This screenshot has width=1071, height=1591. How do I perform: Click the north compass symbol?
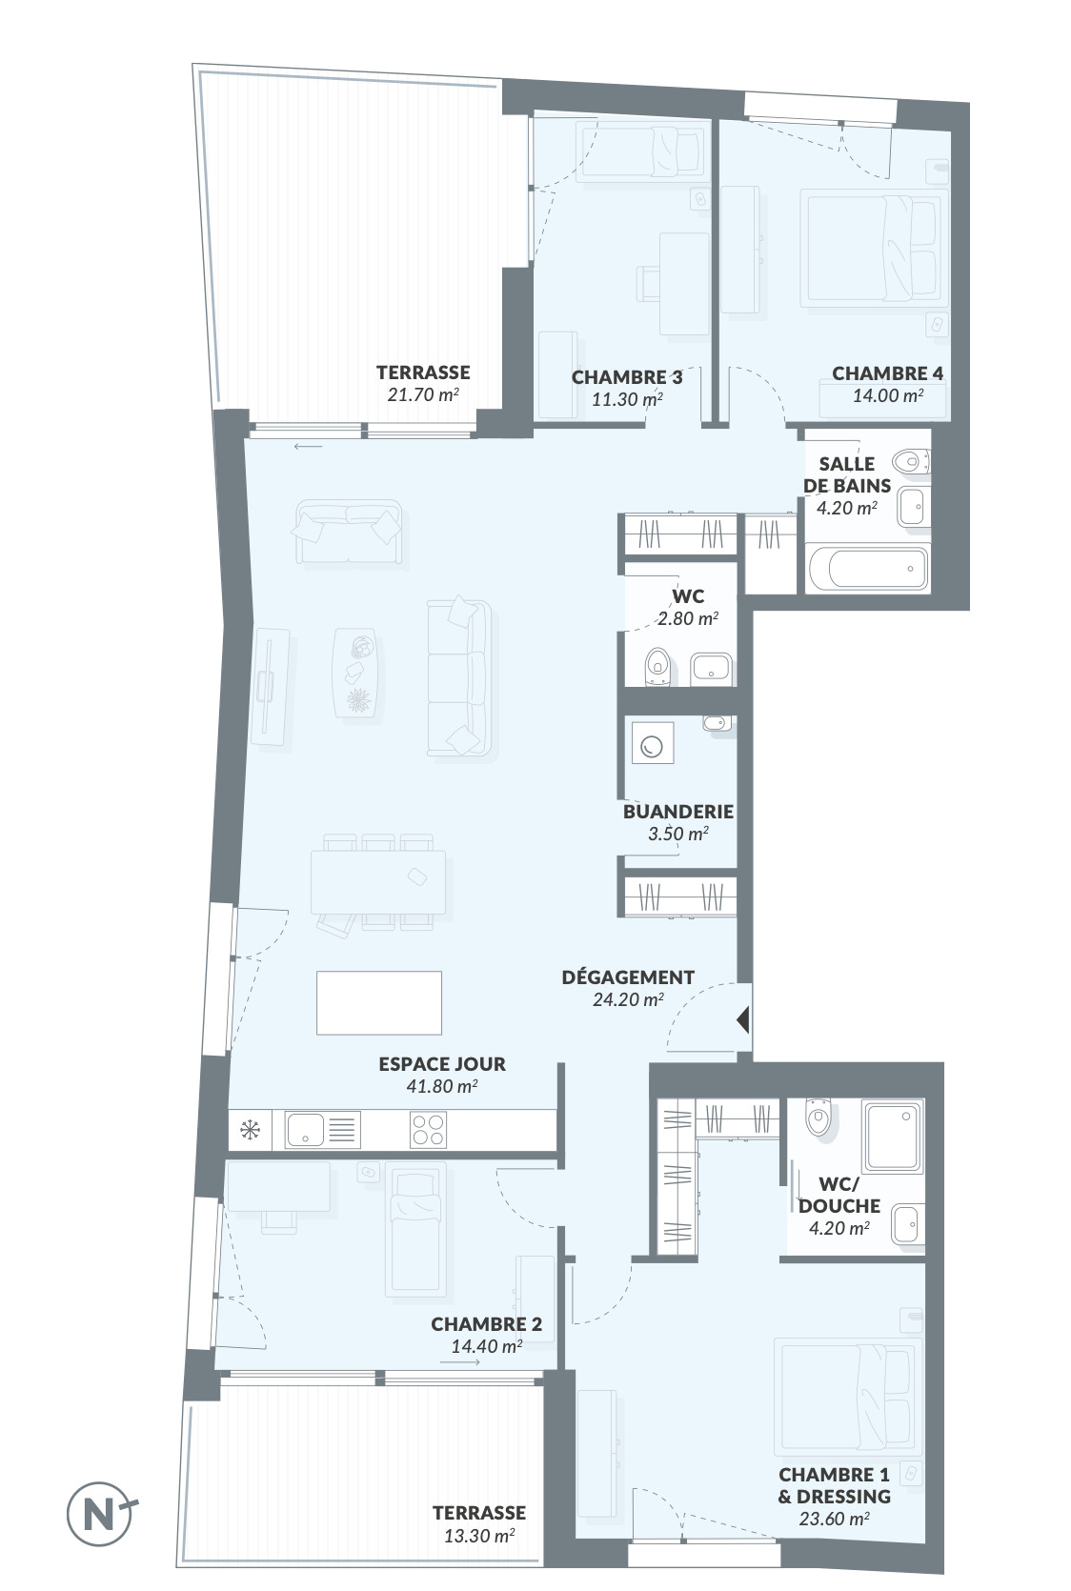coord(100,1513)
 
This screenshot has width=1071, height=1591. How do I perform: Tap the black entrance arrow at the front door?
coord(743,1020)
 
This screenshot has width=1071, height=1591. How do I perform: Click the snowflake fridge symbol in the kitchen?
coord(250,1130)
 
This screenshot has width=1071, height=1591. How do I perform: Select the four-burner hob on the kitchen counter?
coord(428,1130)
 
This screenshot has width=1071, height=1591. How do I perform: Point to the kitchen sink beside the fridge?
coord(323,1130)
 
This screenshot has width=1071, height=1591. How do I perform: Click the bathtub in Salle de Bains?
coord(868,568)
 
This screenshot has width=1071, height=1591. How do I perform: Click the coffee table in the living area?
coord(355,672)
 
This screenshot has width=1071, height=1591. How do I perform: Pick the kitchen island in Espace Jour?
coord(379,1003)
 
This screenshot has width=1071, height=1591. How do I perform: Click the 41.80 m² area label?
coord(442,1086)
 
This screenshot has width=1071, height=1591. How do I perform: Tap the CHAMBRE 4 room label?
coord(888,373)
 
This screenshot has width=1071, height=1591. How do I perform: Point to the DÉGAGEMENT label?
coord(628,977)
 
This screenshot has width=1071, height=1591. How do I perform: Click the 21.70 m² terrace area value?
coord(423,394)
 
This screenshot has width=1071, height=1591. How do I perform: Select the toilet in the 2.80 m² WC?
coord(657,666)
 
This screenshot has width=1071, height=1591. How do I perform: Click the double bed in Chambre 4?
coord(875,249)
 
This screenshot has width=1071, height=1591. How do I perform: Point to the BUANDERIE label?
coord(678,811)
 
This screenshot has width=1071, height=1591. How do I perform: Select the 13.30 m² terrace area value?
coord(479,1536)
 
